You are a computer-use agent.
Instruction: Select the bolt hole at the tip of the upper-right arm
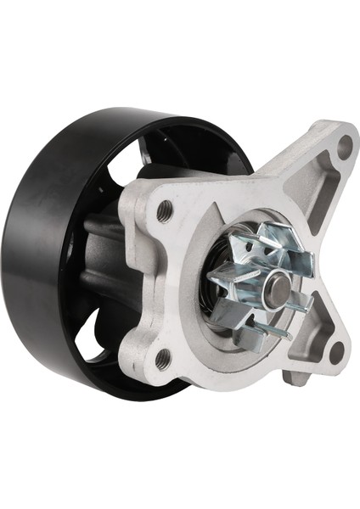coord(344,147)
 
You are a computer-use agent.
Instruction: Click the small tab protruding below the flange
coord(297,378)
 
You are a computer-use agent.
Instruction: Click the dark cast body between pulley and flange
coord(102,255)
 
